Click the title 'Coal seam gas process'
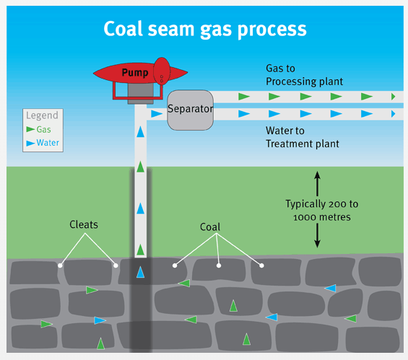coord(205,28)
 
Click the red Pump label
coord(135,74)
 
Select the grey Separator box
coord(189,110)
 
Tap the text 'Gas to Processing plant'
coord(303,75)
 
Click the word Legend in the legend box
coord(42,115)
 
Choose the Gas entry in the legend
coord(42,129)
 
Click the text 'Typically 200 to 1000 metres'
coord(322,210)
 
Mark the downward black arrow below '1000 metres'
coord(316,237)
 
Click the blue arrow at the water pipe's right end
coord(393,114)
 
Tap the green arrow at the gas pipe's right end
coord(393,96)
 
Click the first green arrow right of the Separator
coord(244,96)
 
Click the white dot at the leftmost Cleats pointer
coord(60,265)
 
